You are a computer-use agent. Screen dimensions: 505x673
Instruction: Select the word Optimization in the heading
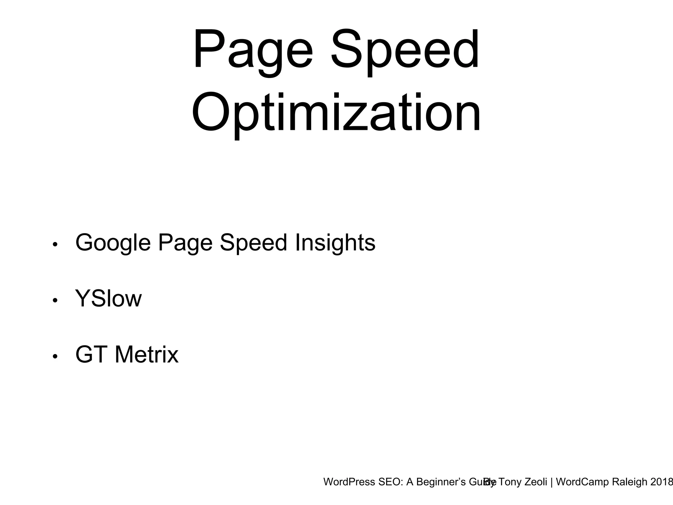[x=336, y=113]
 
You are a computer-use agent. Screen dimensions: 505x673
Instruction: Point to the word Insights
[x=335, y=243]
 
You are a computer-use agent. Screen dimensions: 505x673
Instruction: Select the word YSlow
[x=108, y=299]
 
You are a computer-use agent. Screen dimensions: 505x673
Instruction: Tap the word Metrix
[x=146, y=355]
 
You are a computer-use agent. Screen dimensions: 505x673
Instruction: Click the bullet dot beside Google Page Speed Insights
[x=55, y=244]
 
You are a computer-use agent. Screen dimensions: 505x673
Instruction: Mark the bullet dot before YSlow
[x=55, y=300]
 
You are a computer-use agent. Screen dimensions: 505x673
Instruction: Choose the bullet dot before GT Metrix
[x=55, y=356]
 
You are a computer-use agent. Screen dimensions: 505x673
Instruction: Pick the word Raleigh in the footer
[x=629, y=482]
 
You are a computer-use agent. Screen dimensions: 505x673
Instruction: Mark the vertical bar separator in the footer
[x=551, y=482]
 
